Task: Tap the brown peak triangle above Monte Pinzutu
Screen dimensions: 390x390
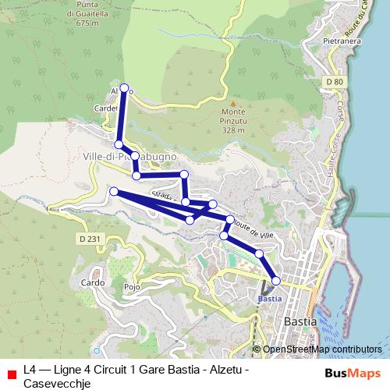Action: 232,102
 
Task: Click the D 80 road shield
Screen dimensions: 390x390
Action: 335,81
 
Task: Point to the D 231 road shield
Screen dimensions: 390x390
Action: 88,238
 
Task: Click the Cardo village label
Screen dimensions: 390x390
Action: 92,282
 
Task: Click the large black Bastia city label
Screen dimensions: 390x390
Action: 300,321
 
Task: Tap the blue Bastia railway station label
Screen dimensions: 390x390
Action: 269,298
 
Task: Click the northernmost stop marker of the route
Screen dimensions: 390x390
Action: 124,88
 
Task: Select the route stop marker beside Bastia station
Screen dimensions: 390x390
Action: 276,281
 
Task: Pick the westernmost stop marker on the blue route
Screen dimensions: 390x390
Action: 114,192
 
